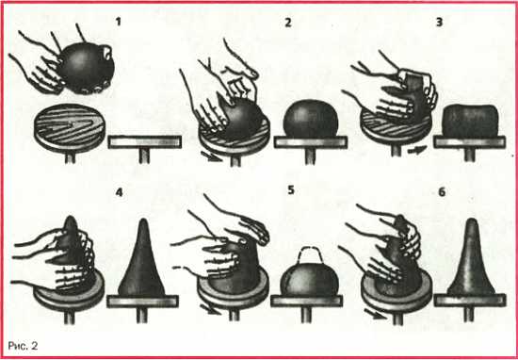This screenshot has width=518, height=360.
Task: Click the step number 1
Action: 119,23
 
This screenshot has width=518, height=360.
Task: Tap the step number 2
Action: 288,23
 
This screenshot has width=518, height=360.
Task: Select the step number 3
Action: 440,23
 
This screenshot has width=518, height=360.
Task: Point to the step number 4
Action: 119,192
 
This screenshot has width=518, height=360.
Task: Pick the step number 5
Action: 291,190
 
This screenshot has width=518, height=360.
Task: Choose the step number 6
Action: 442,192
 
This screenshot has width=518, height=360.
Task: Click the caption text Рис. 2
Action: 23,346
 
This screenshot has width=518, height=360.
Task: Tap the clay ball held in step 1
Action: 87,68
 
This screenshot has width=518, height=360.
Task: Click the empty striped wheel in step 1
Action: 70,127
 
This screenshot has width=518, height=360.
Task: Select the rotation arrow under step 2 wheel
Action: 211,155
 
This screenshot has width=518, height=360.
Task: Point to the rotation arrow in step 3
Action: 417,151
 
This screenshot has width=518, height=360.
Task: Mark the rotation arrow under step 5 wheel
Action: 211,309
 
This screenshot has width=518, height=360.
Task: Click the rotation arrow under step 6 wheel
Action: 375,314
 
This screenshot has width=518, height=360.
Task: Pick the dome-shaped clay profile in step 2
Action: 311,119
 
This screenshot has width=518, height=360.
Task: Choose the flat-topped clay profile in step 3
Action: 470,121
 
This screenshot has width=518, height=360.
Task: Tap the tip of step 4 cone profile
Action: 143,219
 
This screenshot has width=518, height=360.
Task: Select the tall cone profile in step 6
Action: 471,257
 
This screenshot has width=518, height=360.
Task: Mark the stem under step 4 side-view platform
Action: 142,316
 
